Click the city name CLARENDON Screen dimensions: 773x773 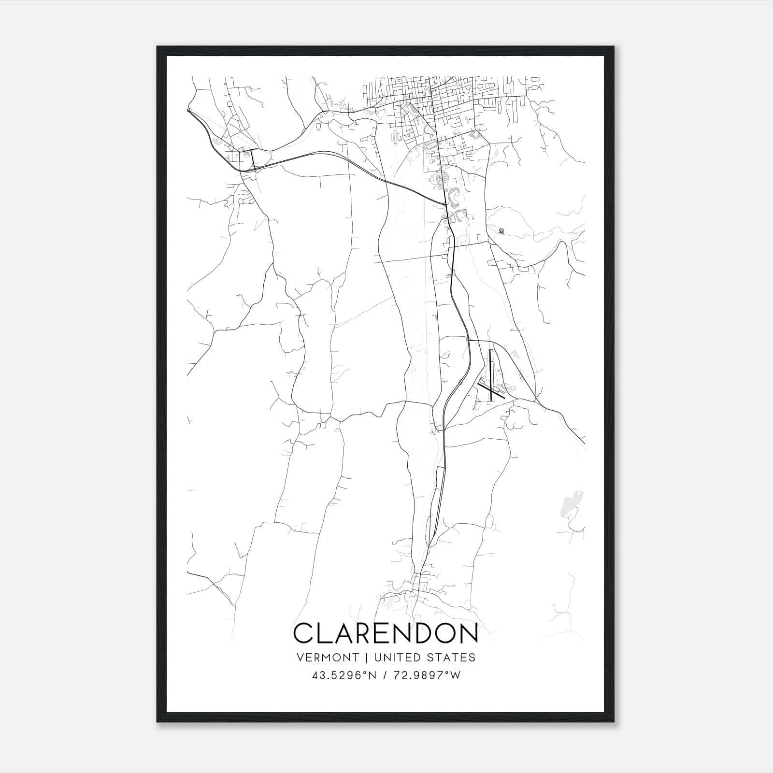tap(386, 633)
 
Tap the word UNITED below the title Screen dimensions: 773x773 tap(397, 658)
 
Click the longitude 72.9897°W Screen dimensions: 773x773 tap(426, 675)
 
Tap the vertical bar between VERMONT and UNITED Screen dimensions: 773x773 tap(367, 658)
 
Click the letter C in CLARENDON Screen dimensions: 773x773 tap(303, 633)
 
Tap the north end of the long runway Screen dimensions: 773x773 tap(491, 350)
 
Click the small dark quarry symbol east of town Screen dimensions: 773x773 tap(501, 232)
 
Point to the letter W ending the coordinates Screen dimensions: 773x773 tap(457, 675)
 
